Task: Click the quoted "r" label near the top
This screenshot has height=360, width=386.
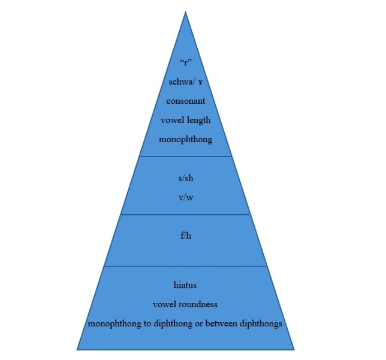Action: click(185, 62)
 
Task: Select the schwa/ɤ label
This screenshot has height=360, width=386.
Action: click(185, 82)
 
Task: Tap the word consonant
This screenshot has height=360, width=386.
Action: click(185, 101)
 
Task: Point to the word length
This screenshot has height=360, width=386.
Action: click(198, 120)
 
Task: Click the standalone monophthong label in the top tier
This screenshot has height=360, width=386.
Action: click(185, 139)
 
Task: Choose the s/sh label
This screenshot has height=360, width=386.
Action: click(185, 178)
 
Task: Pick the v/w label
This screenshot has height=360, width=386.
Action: click(185, 197)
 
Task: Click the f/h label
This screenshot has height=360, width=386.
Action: click(185, 235)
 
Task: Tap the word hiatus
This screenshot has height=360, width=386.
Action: click(185, 285)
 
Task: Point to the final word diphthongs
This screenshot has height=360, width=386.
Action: click(260, 324)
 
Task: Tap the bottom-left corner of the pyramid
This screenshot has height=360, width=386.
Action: click(77, 349)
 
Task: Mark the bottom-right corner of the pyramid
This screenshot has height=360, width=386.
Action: click(294, 349)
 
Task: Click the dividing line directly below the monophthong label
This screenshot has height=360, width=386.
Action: click(185, 157)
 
